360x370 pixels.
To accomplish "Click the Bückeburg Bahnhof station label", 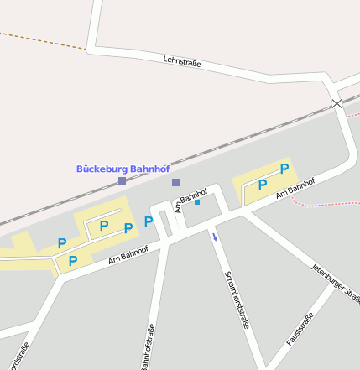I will pos(123,168).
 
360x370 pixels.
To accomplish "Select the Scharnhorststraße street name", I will pos(237,300).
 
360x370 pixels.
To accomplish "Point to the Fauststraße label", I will pos(300,329).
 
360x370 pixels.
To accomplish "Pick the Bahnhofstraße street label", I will pos(149,346).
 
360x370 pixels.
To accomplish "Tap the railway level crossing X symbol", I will pos(337,103).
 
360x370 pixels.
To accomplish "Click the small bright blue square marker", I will pos(197,202).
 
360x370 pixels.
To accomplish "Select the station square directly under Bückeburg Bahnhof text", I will pos(123,180).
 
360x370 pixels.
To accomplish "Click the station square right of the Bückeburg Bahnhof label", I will pos(175,182).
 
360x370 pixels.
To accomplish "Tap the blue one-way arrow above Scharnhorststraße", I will pos(215,237).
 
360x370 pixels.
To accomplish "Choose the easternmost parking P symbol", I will pos(284,169).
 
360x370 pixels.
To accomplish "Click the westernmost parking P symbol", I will pos(62,243).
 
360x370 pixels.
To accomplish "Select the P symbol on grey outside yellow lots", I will pos(149,221).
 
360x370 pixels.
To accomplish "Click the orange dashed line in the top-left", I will pos(42,40).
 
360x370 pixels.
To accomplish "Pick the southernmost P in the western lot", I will pos(73,261).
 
